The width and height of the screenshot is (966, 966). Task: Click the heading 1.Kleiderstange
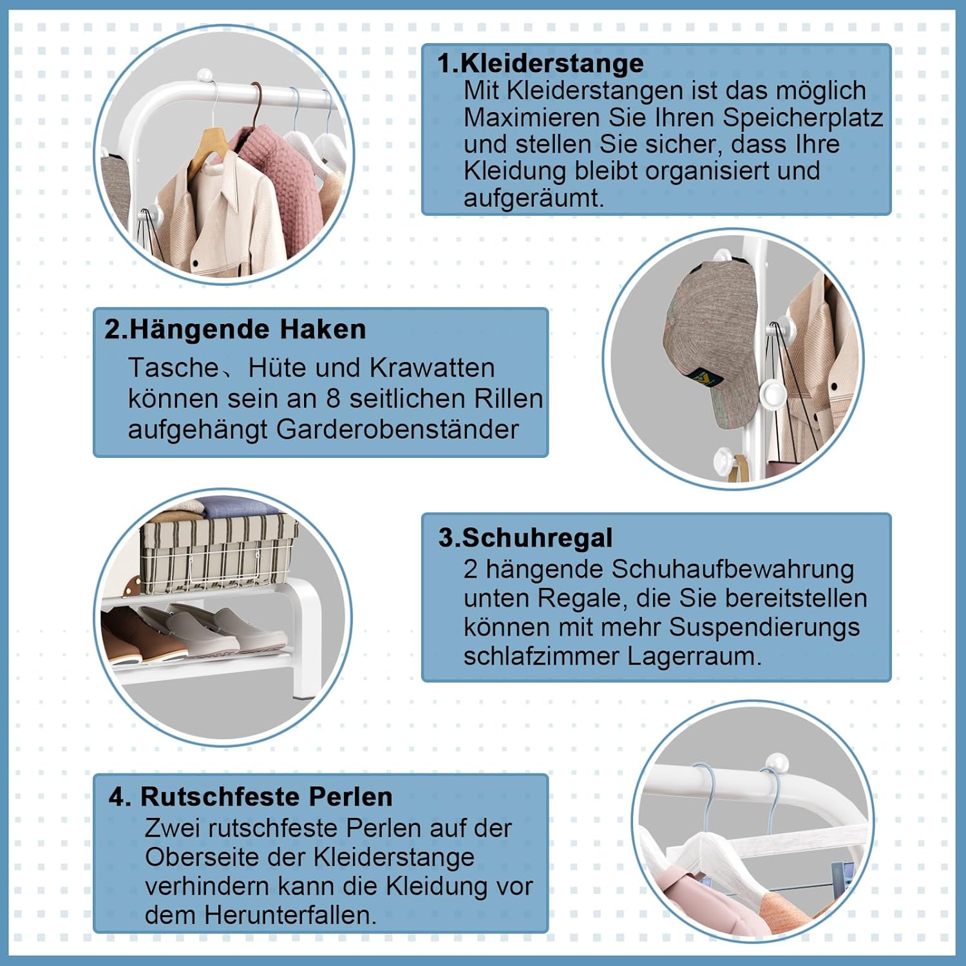tap(540, 63)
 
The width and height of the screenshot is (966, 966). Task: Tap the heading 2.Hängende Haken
tap(235, 329)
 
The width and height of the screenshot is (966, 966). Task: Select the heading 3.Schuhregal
tap(526, 537)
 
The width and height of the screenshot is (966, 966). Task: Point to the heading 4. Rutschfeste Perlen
tap(251, 797)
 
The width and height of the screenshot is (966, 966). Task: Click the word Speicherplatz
tap(802, 118)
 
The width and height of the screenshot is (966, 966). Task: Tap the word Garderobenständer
tap(397, 429)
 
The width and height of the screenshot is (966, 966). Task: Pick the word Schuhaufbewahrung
tap(732, 569)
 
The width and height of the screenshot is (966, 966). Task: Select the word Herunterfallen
tap(290, 914)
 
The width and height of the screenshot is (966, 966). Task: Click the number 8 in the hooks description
tap(332, 399)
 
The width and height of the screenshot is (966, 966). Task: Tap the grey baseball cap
tap(710, 345)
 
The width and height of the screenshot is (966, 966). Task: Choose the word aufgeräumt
tap(534, 198)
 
